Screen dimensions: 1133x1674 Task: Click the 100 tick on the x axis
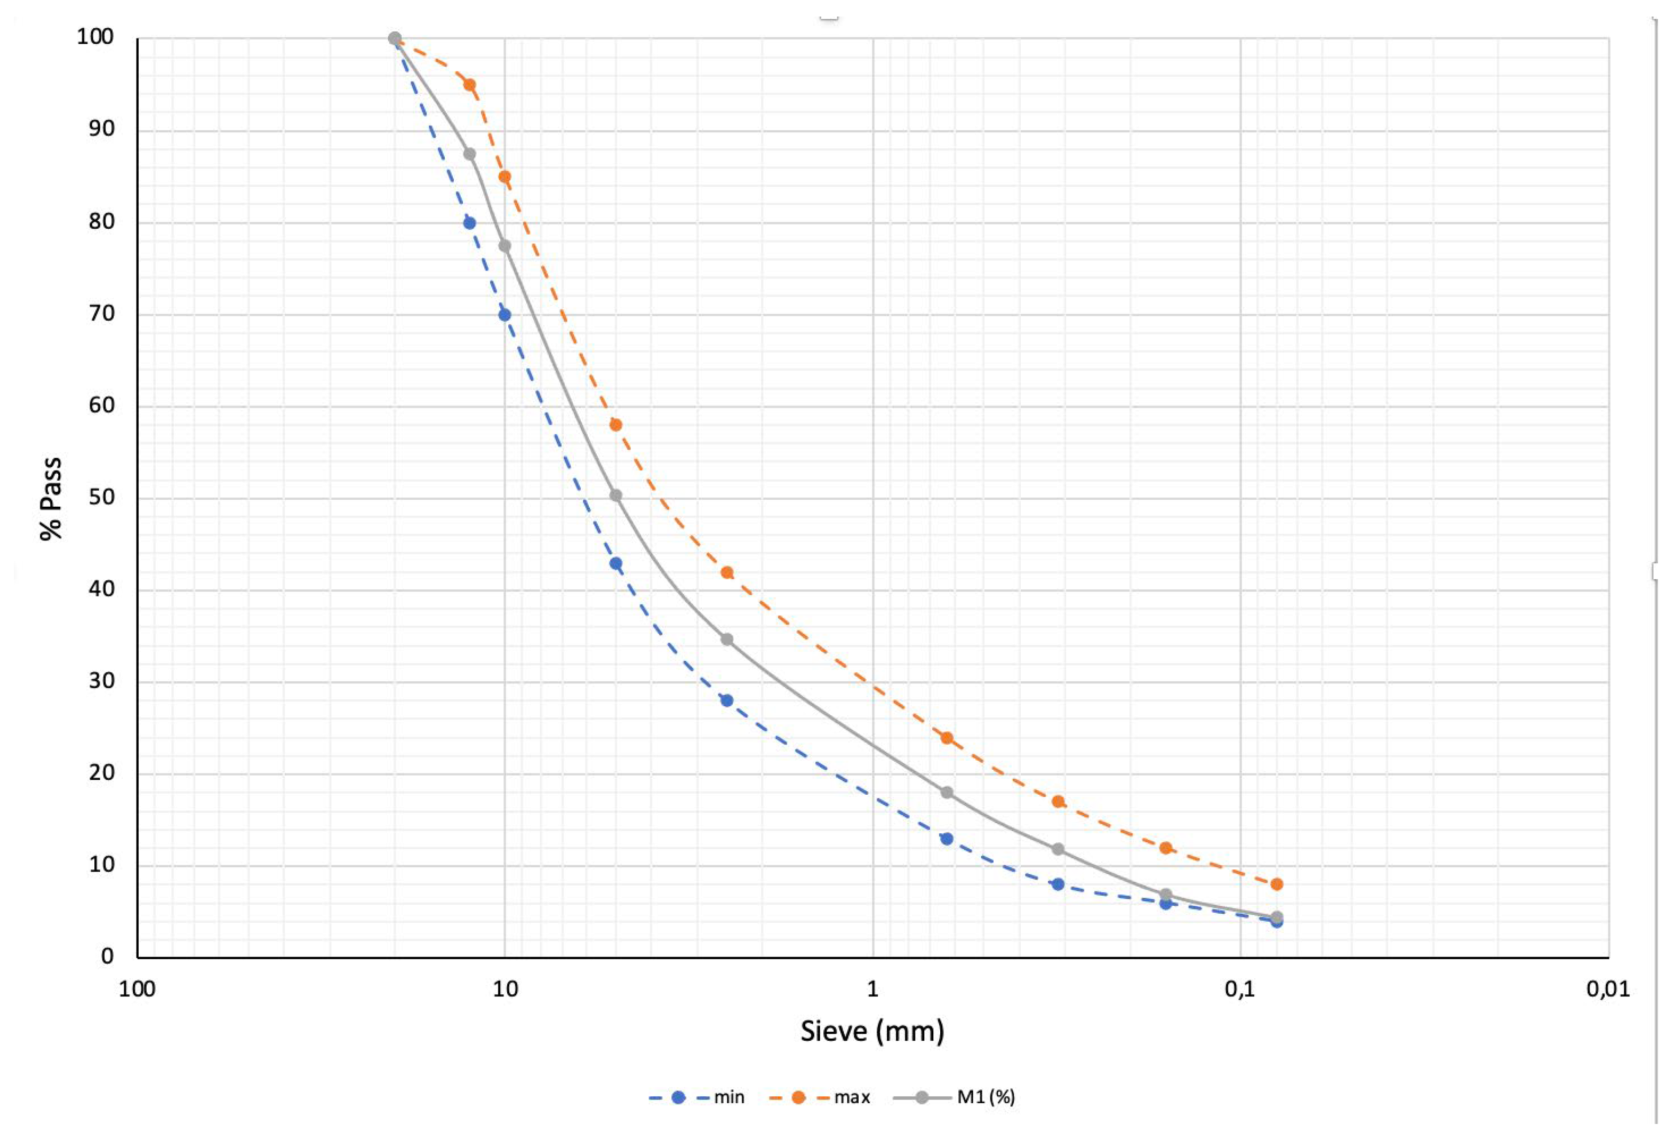tap(137, 989)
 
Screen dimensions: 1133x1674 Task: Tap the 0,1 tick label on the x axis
tap(1240, 989)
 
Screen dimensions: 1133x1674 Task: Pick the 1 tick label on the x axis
tap(873, 989)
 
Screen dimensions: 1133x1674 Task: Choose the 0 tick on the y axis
tap(107, 956)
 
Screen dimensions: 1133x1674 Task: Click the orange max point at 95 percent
tap(470, 84)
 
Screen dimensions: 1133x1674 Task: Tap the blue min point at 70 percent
tap(505, 315)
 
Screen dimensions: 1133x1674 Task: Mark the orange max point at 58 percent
tap(616, 425)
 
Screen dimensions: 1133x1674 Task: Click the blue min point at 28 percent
tap(727, 700)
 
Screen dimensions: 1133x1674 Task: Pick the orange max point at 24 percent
tap(947, 738)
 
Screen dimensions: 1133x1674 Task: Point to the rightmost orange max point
tap(1277, 884)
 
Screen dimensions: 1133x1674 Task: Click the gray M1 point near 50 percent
tap(616, 496)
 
